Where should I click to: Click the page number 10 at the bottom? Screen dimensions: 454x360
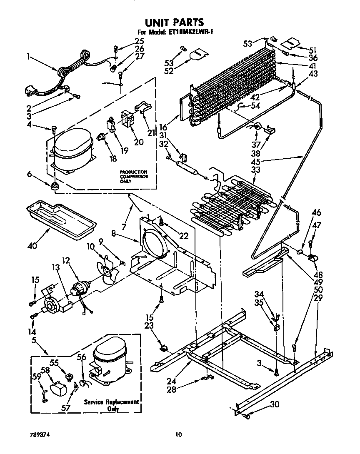(179, 435)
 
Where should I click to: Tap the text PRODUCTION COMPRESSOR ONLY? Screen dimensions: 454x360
(134, 176)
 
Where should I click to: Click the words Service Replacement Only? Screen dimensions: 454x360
(111, 405)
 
